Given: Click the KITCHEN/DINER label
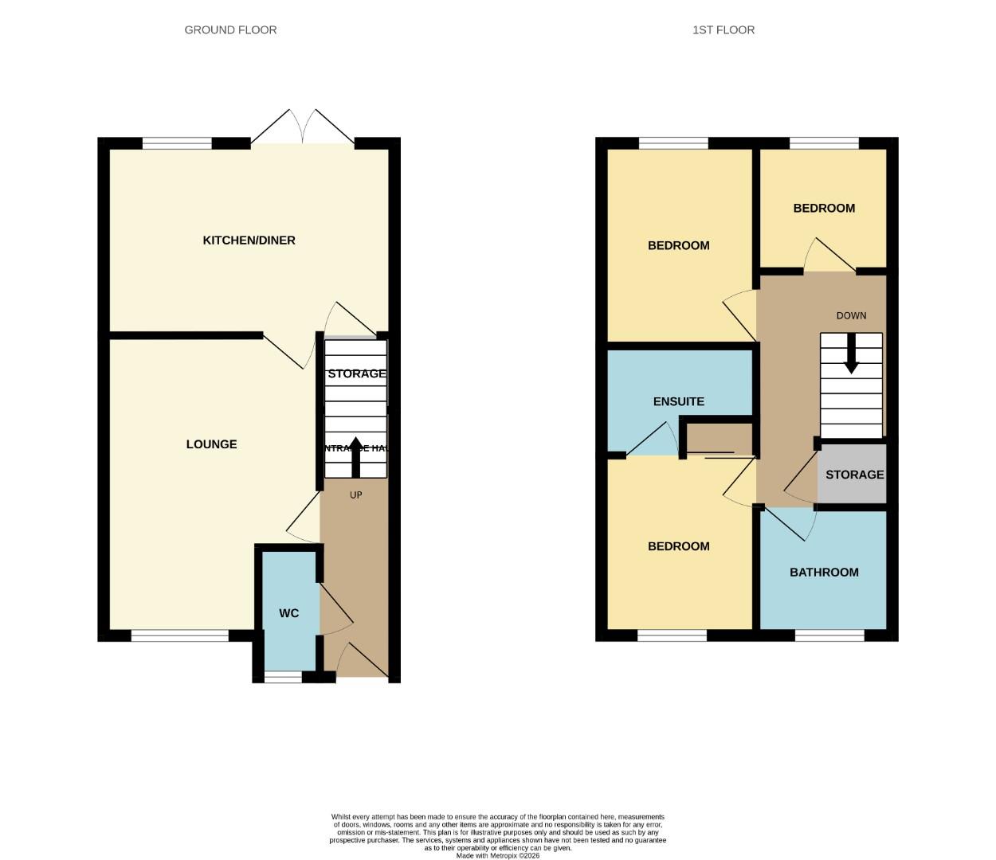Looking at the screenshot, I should tap(249, 240).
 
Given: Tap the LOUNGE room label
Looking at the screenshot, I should tap(211, 444).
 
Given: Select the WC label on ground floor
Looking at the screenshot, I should tap(288, 613).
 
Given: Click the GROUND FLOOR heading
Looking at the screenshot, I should tap(230, 30).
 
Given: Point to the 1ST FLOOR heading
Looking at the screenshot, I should tap(723, 30).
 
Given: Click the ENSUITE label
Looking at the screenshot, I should tap(678, 401).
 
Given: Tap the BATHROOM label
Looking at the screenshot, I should tap(824, 572).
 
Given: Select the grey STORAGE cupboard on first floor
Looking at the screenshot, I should tap(853, 475).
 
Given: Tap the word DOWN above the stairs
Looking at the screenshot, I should tap(851, 315).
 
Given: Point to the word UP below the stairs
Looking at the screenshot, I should tap(356, 495).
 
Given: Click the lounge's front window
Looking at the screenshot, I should tap(179, 635).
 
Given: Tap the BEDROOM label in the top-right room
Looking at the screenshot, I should tap(824, 209).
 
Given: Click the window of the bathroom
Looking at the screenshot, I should tap(829, 635).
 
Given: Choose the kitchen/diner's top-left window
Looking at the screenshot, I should tap(177, 143).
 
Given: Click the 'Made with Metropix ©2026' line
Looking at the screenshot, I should tap(497, 856).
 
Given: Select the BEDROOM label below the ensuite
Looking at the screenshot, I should tap(678, 546).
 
